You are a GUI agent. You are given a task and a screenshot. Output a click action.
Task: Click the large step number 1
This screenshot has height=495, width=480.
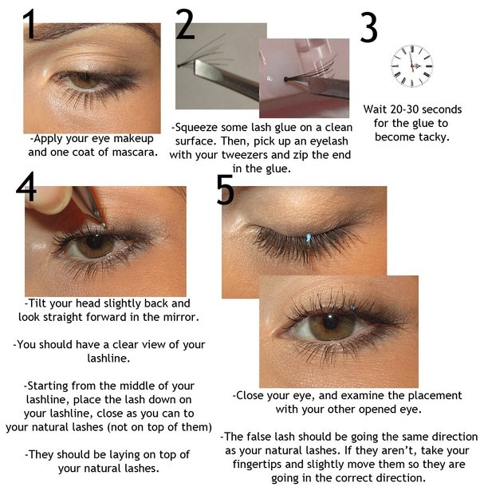point(30,25)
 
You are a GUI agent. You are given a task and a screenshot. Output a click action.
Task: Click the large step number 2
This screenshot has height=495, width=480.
point(185,25)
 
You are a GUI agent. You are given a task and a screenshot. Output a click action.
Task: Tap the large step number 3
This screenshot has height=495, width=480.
point(368,29)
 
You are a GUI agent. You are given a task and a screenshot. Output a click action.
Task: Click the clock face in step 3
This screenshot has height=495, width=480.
point(411,65)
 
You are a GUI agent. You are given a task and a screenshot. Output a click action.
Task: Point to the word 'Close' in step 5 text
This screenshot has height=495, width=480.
point(253,395)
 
